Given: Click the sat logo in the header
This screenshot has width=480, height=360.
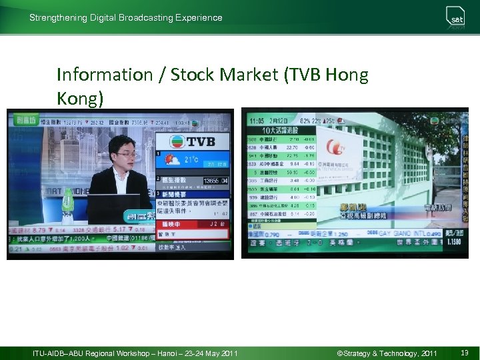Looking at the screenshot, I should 456,18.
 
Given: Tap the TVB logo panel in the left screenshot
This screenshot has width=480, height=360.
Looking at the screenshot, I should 192,142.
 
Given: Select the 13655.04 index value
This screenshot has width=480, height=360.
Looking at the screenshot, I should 215,181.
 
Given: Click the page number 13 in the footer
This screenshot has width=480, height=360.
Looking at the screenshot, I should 464,353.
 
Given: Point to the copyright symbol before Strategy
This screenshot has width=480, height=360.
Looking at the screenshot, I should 339,353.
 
